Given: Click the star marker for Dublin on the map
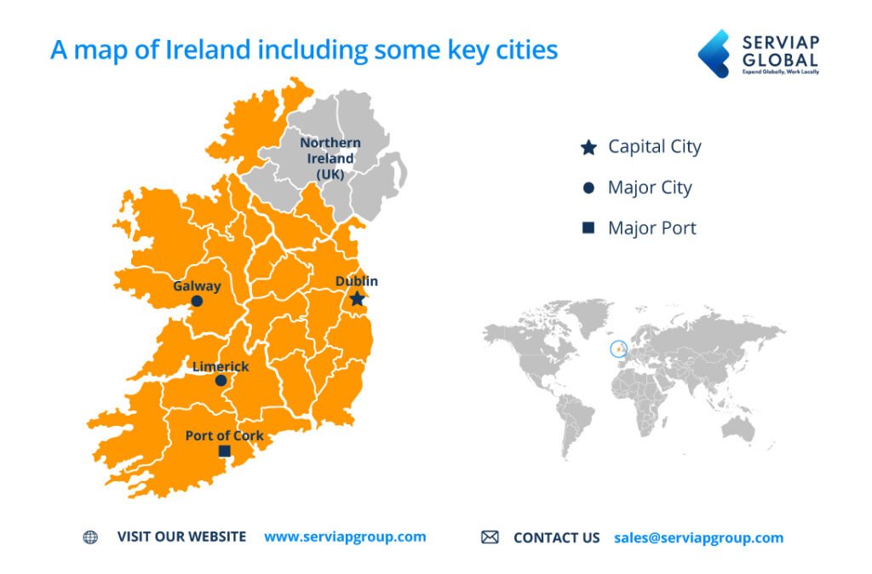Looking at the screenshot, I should click(357, 299).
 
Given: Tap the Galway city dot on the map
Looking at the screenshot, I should click(197, 301).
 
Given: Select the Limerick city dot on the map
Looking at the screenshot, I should click(221, 381).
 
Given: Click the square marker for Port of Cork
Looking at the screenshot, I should click(225, 451).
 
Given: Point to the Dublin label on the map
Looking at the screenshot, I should click(357, 281).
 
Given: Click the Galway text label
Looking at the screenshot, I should click(197, 286).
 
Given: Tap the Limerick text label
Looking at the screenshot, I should click(221, 366).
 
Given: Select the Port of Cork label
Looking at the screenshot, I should click(225, 435).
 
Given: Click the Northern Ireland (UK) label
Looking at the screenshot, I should click(330, 158).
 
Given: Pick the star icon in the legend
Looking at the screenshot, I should click(588, 148).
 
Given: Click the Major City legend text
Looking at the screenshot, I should click(650, 187).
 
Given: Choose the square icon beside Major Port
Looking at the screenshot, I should click(588, 228).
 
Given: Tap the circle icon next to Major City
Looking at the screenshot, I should click(588, 188).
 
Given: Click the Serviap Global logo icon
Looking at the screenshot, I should click(714, 54).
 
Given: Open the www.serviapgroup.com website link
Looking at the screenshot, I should click(345, 537).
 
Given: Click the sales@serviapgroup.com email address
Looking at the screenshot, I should click(698, 537).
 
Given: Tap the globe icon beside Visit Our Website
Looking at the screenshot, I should click(90, 537).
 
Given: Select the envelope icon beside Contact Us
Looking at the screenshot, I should click(490, 537).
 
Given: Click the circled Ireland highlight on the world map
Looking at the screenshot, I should click(618, 348).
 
